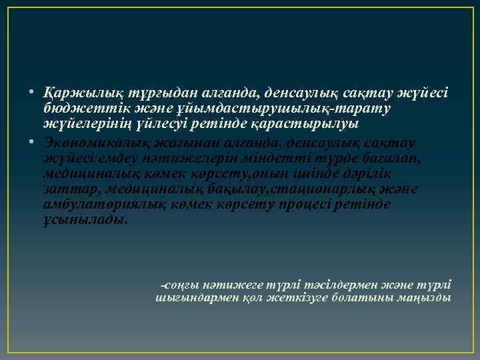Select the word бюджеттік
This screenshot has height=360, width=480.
click(x=74, y=107)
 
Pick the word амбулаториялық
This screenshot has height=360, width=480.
click(x=96, y=205)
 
